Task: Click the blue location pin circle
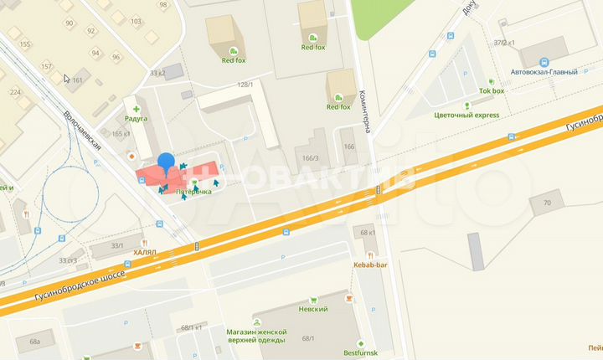(x=166, y=161)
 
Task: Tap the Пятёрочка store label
(x=193, y=192)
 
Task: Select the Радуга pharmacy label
(x=136, y=119)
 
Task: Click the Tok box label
(x=492, y=90)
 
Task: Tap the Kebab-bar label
(x=370, y=265)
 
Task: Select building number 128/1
(x=245, y=85)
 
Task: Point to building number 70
(x=547, y=203)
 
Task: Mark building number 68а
(x=34, y=342)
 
